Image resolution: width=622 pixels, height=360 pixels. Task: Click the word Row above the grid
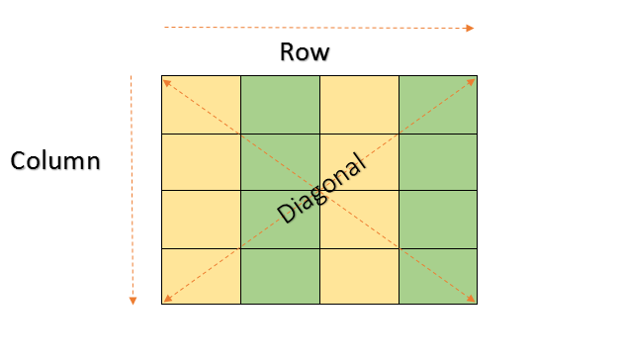[x=305, y=52]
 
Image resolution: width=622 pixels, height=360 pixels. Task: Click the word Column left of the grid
[x=55, y=160]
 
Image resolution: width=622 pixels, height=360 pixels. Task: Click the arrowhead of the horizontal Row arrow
[x=471, y=29]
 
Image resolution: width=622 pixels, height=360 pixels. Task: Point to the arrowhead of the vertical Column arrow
[x=133, y=301]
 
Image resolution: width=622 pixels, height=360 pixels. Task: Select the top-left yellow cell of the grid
[x=201, y=104]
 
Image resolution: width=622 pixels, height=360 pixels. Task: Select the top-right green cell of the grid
[x=438, y=104]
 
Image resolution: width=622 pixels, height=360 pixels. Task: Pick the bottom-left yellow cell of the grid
[x=201, y=276]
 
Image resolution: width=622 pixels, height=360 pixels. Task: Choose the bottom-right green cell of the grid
[x=438, y=276]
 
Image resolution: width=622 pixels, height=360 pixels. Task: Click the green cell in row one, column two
[x=280, y=104]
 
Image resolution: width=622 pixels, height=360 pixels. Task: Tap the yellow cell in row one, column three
[x=359, y=104]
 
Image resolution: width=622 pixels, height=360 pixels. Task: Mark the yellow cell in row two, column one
[x=201, y=161]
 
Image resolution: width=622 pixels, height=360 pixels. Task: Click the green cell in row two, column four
[x=438, y=161]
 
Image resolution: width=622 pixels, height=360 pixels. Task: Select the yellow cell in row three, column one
[x=201, y=219]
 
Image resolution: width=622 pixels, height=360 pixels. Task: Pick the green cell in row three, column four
[x=438, y=219]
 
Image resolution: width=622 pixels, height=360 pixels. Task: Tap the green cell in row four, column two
[x=280, y=276]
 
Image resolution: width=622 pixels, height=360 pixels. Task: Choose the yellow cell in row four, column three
[x=359, y=276]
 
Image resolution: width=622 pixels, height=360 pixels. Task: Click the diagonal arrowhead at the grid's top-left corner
[x=166, y=81]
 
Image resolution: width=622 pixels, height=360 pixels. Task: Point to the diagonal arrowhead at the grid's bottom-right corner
[x=473, y=300]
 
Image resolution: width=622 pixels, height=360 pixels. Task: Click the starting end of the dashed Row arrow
[x=165, y=27]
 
